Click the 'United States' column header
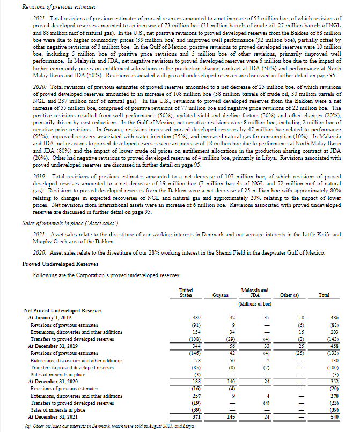[x=186, y=292]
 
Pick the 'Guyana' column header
[x=220, y=295]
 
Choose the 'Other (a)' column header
[x=290, y=295]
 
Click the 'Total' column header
[x=324, y=295]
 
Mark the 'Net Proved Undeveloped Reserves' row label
[x=62, y=311]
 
